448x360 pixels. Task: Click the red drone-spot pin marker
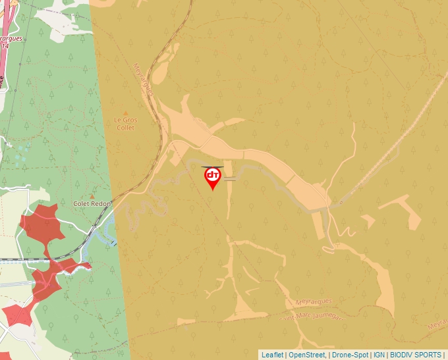click(213, 176)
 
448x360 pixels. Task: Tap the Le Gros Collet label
click(124, 124)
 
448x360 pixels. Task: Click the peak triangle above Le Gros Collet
click(125, 113)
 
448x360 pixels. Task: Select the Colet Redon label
click(92, 204)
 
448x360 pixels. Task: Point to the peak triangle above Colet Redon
click(92, 196)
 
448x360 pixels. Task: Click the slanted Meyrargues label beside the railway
click(143, 80)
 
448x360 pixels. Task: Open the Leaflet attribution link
click(272, 355)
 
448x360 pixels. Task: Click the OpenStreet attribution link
click(306, 355)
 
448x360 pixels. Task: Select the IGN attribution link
click(379, 355)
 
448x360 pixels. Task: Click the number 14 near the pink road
click(5, 46)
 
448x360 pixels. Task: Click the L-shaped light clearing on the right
click(403, 211)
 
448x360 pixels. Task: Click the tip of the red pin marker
click(213, 190)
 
